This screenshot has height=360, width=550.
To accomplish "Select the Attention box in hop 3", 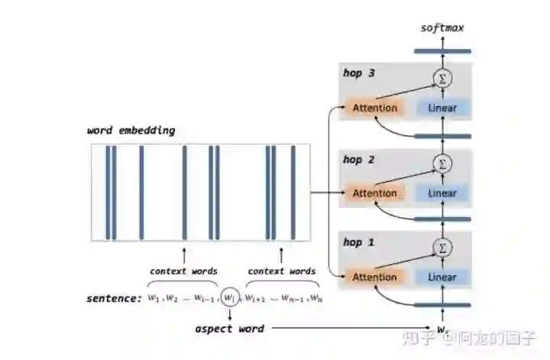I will tap(374, 108).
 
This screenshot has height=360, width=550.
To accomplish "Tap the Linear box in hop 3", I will tap(442, 108).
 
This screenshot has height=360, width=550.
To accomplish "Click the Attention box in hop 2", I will tap(374, 193).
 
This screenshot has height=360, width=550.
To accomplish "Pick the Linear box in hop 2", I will tap(442, 193).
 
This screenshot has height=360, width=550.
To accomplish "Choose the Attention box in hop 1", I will tap(374, 277).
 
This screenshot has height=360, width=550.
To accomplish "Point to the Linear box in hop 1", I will tap(442, 277).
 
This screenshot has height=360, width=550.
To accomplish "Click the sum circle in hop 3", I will tap(441, 77).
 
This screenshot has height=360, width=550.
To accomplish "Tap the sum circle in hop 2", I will tap(441, 163).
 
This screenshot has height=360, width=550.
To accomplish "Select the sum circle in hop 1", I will tap(441, 247).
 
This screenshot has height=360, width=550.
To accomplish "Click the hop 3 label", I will tap(358, 73).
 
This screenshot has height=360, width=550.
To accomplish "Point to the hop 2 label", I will tap(358, 160).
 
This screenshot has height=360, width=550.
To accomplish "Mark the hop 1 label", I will tap(358, 243).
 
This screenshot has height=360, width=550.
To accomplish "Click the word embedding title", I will tap(131, 131).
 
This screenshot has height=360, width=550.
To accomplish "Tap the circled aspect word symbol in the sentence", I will tap(229, 297).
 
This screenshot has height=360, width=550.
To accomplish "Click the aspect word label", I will tap(228, 329).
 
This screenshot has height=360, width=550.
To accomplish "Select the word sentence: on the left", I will tap(114, 297).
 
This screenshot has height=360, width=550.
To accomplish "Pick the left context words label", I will tap(183, 271).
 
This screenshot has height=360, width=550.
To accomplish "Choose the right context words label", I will tap(281, 271).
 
